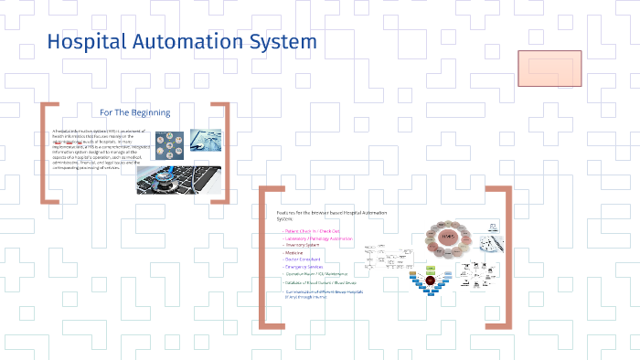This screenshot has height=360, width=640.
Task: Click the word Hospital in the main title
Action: coord(83,42)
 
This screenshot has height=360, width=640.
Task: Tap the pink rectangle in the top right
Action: coord(550,69)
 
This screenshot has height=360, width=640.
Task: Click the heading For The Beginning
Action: coord(135,112)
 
